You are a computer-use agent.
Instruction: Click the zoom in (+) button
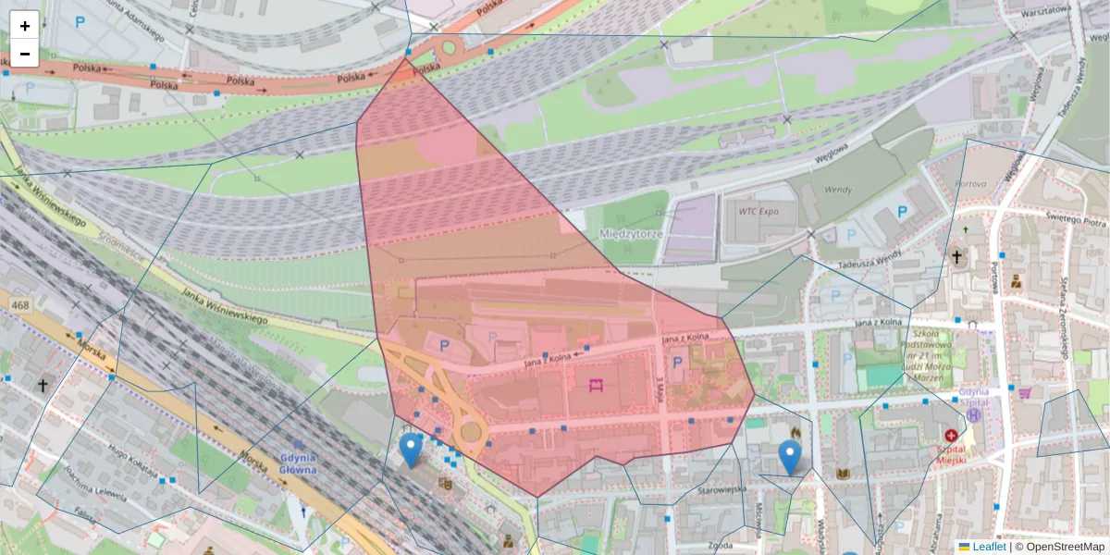24,25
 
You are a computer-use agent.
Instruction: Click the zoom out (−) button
24,54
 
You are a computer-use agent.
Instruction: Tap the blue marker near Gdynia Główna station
411,450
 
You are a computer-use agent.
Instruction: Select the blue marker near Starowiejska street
790,456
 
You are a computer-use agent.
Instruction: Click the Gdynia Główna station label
296,463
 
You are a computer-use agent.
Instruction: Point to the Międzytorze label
633,234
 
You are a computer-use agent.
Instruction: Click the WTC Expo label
758,211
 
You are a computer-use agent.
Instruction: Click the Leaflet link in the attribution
988,547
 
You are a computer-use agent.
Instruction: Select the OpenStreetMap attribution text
1065,547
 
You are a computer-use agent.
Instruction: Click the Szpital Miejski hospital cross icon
951,435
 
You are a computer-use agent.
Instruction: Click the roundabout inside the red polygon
473,431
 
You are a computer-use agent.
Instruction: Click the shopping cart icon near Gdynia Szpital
1024,393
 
